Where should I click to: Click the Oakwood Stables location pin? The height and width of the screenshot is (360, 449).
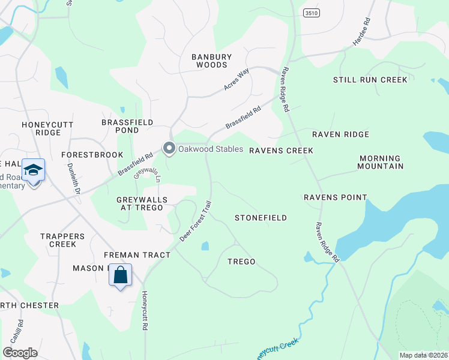point(169,148)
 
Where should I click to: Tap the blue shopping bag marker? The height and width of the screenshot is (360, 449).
point(121,276)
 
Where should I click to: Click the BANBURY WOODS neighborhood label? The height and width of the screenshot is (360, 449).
point(209,61)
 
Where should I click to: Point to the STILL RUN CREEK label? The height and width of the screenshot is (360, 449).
point(370,80)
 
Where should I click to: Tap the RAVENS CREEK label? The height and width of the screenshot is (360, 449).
point(282,151)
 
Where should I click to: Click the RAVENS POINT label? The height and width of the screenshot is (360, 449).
point(335,197)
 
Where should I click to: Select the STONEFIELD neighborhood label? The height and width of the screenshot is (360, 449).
point(261,218)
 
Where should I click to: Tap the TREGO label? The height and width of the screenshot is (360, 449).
point(241,262)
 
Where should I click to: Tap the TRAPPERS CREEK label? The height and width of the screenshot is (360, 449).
point(58,240)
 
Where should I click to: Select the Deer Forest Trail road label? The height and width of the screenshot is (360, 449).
point(196,221)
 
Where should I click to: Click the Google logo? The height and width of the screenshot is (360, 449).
point(20,353)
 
